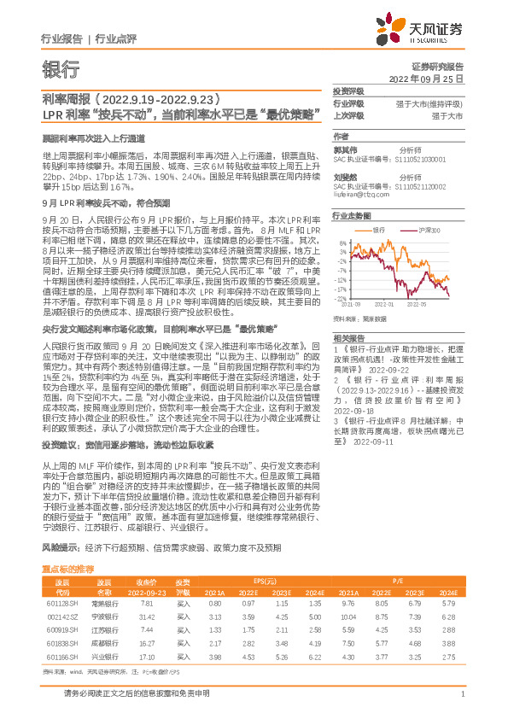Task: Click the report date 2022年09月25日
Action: [426, 79]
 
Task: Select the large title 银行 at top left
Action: [61, 68]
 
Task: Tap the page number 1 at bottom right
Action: [461, 694]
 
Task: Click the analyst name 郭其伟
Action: [343, 147]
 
